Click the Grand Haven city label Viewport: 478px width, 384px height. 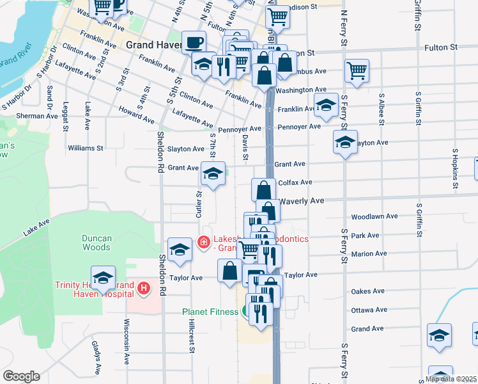tap(153, 45)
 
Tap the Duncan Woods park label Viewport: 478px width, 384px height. tap(97, 243)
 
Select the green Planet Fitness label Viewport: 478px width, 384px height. tap(210, 312)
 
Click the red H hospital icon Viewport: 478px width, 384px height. tap(144, 289)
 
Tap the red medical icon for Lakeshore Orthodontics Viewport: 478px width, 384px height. tap(203, 242)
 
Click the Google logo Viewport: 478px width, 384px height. tap(21, 376)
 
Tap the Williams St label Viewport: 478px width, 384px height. tap(85, 148)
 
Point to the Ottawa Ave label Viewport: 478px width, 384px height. tap(367, 310)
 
